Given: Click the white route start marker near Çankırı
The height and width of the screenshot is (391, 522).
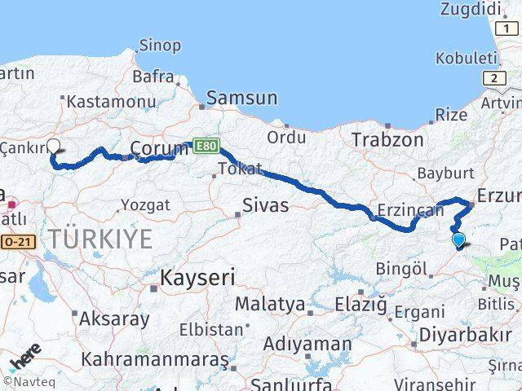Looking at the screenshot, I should click(x=54, y=147).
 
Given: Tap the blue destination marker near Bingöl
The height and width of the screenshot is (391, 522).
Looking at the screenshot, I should click(x=458, y=239).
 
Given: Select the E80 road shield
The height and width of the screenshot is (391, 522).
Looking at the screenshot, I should click(x=205, y=145).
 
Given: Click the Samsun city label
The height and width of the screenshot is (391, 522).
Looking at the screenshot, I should click(x=241, y=99).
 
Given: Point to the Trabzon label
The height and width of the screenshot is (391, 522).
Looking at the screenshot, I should click(x=387, y=140).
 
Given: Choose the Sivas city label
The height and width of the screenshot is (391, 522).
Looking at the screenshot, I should click(x=265, y=205).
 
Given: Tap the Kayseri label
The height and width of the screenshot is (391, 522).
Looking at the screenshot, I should click(x=197, y=278).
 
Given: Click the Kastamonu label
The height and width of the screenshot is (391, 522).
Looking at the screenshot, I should click(x=106, y=102).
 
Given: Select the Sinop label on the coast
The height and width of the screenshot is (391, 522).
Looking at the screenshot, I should click(x=160, y=46).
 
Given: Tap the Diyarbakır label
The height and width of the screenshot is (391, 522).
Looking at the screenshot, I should click(x=465, y=335).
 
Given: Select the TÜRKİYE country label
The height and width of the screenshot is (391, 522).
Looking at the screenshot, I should click(x=100, y=239).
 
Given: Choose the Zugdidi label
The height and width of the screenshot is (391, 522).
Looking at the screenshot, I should click(x=469, y=10).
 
